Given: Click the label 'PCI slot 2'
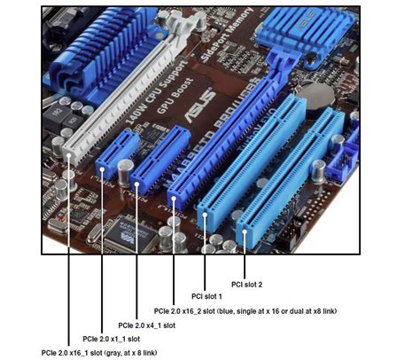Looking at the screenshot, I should (248, 284).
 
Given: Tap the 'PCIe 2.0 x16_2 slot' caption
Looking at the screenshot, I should (245, 311).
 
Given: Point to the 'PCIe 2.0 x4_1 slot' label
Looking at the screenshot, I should (146, 325).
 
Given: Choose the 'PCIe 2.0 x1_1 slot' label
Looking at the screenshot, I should (111, 340).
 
